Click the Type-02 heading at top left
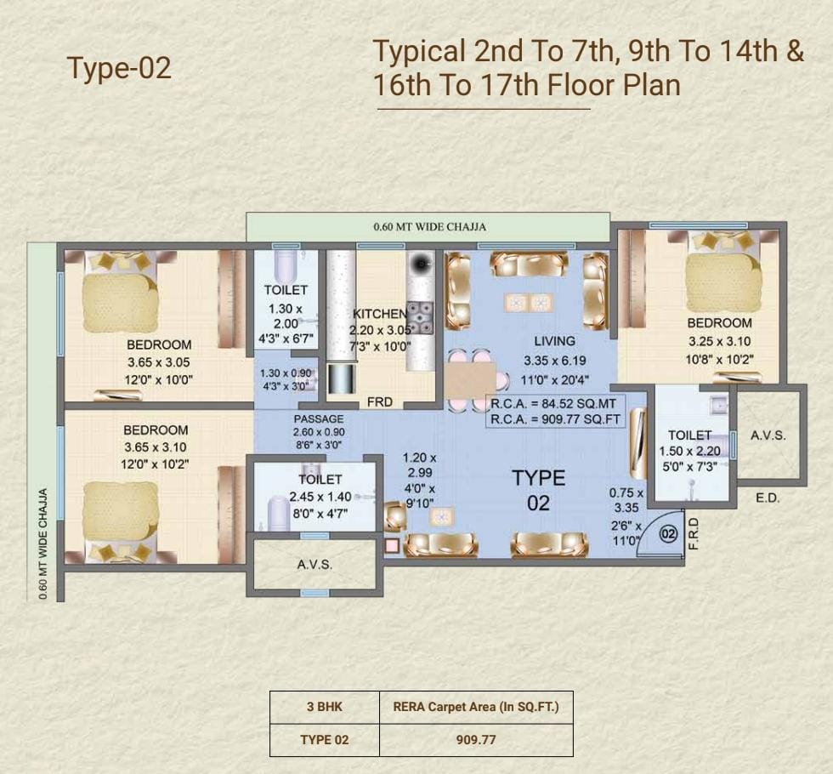120,68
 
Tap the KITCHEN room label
379,314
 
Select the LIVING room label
554,341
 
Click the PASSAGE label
319,418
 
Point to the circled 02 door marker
668,533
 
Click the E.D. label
768,498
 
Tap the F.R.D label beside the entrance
694,534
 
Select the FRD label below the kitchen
380,402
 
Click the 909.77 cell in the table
476,739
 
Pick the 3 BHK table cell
325,707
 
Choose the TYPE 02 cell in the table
325,739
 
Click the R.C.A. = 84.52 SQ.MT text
553,403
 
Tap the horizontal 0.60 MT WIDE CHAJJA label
430,227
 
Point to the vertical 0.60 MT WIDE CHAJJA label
43,544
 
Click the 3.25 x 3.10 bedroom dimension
720,342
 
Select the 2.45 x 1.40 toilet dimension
320,497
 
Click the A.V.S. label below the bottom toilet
315,565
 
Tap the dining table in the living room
470,380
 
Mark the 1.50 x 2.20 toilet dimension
690,452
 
